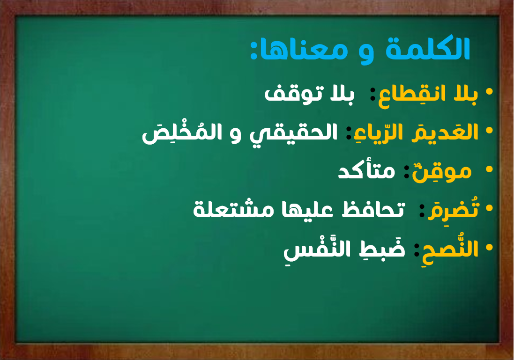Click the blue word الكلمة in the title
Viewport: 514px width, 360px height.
pyautogui.click(x=428, y=49)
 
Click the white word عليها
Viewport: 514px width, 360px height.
pyautogui.click(x=308, y=210)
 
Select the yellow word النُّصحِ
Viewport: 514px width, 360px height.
pyautogui.click(x=450, y=248)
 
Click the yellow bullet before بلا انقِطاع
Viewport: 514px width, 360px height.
pyautogui.click(x=490, y=92)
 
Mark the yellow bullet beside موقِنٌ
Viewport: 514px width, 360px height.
pyautogui.click(x=490, y=169)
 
